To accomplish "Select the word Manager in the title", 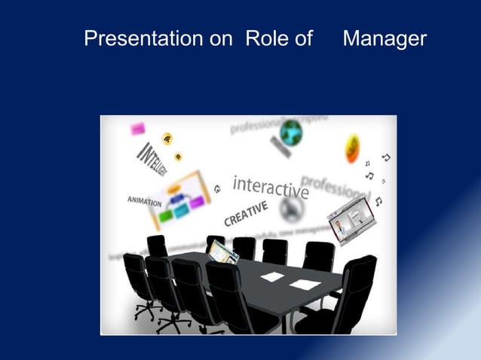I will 384,38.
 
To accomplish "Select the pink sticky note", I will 138,130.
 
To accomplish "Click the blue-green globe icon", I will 290,133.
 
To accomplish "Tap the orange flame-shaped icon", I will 352,148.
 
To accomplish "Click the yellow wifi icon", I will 167,139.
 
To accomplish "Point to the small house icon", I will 217,188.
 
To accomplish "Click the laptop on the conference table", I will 223,251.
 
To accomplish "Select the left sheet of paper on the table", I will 272,276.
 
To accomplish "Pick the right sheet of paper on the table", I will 305,284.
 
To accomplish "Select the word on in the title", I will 221,38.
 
